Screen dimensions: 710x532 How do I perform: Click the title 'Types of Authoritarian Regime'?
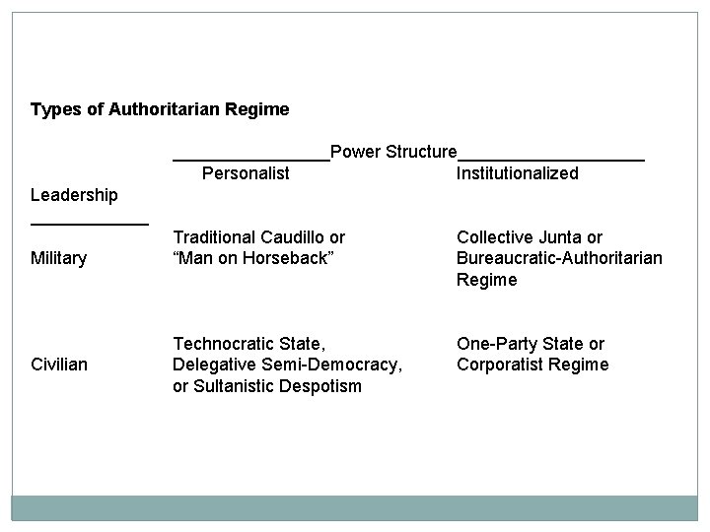point(160,109)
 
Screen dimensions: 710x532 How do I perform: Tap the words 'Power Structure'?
point(393,152)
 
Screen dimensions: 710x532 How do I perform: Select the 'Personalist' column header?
point(246,174)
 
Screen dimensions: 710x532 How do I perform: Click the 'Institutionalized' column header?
point(517,174)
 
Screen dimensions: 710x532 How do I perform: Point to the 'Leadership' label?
point(74,195)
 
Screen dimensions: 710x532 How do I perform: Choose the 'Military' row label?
point(59,258)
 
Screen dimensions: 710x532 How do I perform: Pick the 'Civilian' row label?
point(59,365)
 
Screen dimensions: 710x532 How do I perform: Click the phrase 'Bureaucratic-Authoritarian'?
point(559,258)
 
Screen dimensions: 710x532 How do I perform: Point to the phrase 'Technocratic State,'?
point(248,344)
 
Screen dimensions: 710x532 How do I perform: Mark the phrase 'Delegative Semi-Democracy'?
point(286,365)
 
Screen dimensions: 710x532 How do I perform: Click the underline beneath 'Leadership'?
point(90,224)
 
